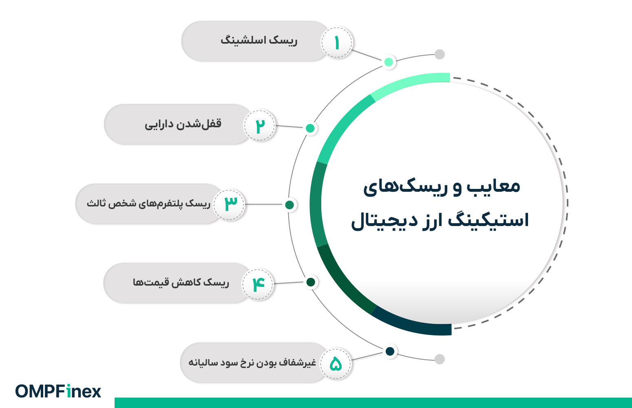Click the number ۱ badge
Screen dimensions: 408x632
tap(337, 43)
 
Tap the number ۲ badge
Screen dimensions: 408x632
tap(260, 126)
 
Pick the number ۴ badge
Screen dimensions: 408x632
tap(258, 284)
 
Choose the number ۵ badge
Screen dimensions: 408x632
tap(336, 363)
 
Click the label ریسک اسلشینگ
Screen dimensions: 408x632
tap(259, 41)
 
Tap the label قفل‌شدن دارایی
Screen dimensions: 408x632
tap(183, 124)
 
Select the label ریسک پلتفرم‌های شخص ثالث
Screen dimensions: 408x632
tap(148, 203)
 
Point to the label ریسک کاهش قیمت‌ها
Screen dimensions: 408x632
tap(181, 282)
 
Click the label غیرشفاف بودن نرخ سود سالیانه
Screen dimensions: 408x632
tap(252, 362)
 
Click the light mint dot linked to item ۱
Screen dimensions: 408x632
tap(389, 62)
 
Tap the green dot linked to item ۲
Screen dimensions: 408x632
tap(310, 128)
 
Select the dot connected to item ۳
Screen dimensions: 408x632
tap(290, 205)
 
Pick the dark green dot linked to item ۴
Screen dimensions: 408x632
tap(311, 282)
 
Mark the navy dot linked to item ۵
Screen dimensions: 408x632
tap(390, 351)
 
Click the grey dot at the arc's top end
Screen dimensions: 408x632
tap(440, 54)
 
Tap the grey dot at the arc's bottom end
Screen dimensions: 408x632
tap(440, 359)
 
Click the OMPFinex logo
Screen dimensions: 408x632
tap(58, 391)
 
